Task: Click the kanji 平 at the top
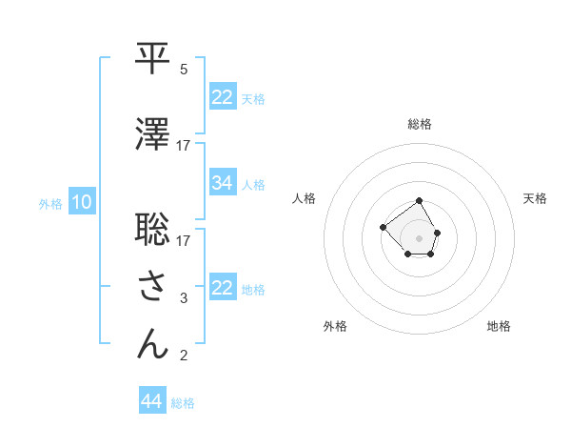point(152,58)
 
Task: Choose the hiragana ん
point(152,344)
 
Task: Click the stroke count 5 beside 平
point(184,70)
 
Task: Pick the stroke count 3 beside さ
point(184,299)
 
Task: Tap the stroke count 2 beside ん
point(184,356)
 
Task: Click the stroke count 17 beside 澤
point(183,146)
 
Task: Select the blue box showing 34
point(223,183)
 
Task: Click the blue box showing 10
point(81,202)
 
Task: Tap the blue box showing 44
point(152,401)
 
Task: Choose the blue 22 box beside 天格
point(223,97)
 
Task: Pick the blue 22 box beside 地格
point(223,288)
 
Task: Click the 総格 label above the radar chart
point(420,124)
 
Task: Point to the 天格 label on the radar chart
point(536,198)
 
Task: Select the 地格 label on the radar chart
point(499,326)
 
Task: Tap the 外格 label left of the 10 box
point(50,203)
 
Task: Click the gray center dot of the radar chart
point(420,237)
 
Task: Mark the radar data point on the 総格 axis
point(420,201)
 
